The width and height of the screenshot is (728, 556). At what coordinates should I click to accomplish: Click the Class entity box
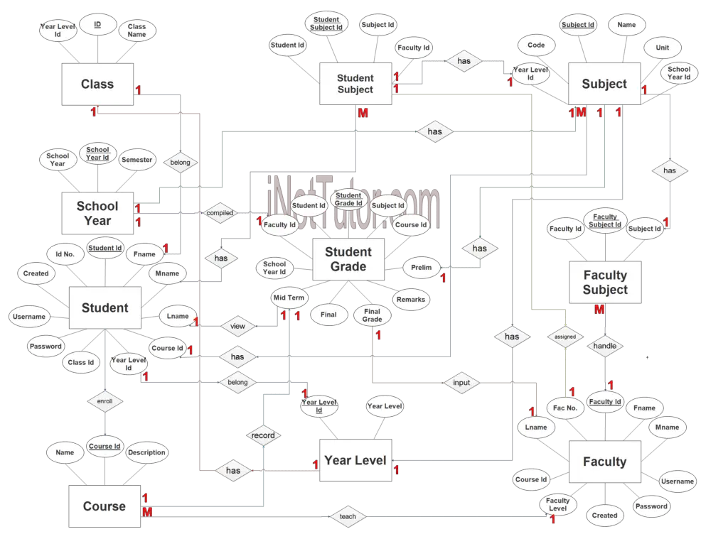pos(97,85)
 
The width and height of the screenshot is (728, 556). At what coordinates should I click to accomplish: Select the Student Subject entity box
pos(355,85)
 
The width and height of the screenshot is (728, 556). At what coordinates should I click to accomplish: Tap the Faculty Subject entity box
pos(605,283)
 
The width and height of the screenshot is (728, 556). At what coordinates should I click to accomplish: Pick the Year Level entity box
pos(355,461)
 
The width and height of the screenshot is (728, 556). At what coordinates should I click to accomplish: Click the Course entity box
pos(104,506)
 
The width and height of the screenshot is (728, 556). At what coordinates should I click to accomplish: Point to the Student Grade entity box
pos(348,259)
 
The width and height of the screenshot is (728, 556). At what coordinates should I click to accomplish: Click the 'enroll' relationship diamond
pos(105,401)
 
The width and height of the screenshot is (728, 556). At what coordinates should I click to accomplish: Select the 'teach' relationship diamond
pos(348,517)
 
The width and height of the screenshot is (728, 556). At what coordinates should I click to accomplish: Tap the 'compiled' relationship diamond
pos(220,213)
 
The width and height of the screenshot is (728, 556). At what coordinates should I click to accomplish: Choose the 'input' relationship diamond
pos(461,383)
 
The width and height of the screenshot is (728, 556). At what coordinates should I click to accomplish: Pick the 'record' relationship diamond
pos(263,435)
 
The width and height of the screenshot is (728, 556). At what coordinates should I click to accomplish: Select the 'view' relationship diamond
pos(237,327)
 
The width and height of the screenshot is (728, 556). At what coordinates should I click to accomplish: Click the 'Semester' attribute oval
pos(136,160)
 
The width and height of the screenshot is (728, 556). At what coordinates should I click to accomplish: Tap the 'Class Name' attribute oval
pos(136,31)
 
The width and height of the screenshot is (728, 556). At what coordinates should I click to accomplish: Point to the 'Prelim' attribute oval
pos(422,268)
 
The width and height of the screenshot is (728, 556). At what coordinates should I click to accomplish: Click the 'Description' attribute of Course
pos(146,452)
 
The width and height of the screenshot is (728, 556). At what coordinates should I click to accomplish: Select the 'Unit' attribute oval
pos(662,48)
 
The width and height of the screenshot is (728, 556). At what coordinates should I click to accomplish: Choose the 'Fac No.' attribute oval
pos(565,408)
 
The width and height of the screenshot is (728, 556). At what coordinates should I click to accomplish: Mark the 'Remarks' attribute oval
pos(411,299)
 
